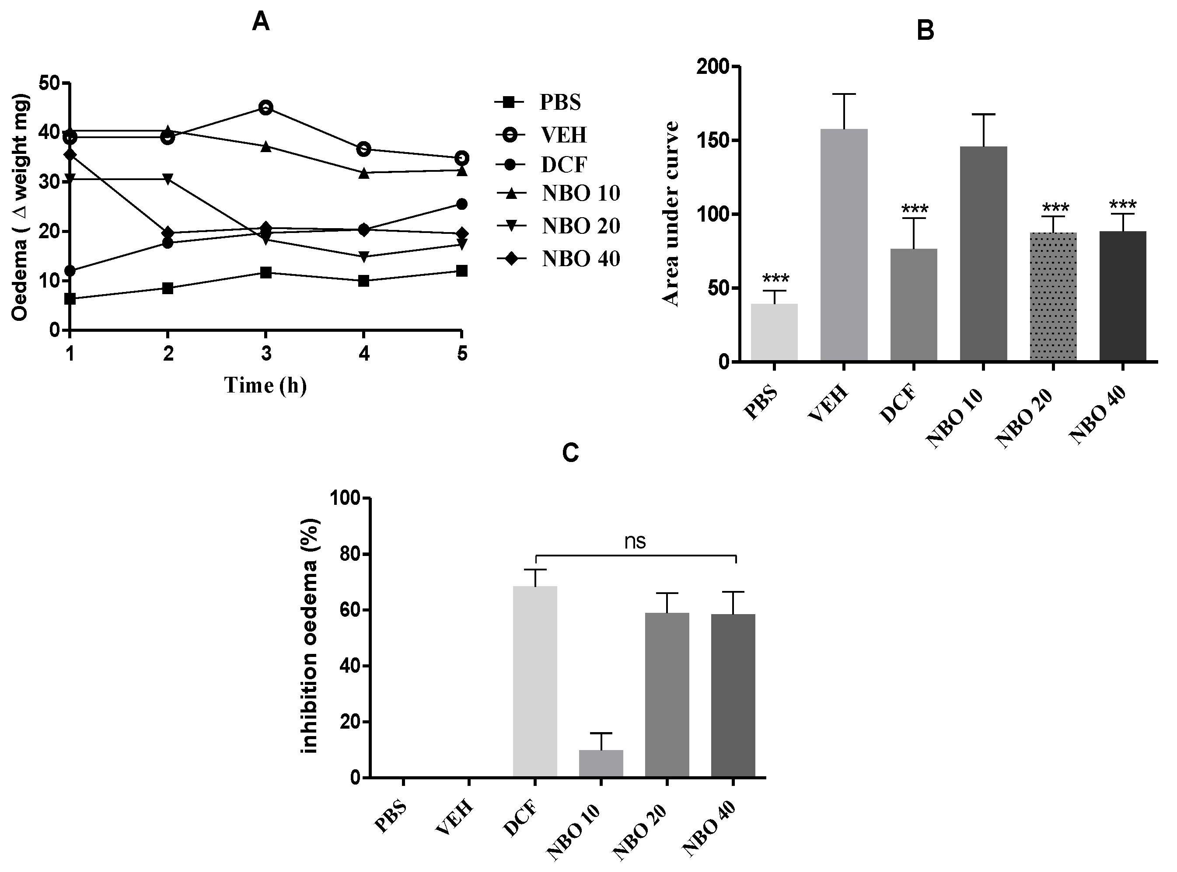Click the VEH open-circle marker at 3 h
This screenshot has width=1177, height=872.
tap(265, 108)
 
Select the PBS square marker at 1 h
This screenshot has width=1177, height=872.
tap(70, 299)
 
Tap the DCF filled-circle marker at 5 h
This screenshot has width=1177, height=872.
tap(461, 204)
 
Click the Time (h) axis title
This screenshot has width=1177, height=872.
tap(265, 386)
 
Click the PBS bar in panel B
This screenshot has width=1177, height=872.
tap(774, 333)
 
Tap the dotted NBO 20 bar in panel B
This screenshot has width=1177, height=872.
tap(1053, 297)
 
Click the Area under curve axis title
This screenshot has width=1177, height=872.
tap(671, 214)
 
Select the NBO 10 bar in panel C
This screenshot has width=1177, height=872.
tap(601, 763)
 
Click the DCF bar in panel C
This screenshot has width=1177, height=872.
tap(535, 681)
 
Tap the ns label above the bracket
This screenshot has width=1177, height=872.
tap(635, 542)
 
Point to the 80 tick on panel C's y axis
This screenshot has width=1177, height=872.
tap(347, 554)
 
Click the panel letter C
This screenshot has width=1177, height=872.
tap(571, 453)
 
